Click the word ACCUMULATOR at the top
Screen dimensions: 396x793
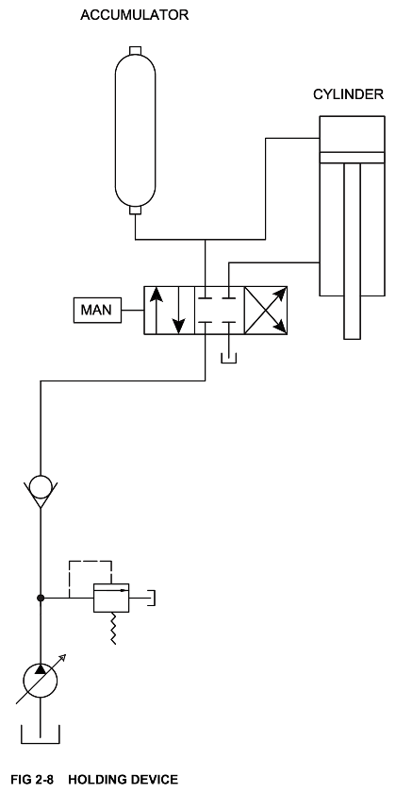click(134, 15)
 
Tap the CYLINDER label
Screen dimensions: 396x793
click(349, 94)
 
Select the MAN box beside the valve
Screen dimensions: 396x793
click(97, 310)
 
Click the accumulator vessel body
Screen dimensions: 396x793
click(136, 130)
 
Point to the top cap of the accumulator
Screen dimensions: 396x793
click(136, 50)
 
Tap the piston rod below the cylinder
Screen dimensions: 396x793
click(352, 251)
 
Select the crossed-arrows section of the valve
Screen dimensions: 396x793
click(266, 310)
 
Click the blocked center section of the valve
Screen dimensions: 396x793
click(219, 310)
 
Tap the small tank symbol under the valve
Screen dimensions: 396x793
click(229, 359)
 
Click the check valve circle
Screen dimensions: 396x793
click(41, 487)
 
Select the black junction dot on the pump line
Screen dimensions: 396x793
click(41, 598)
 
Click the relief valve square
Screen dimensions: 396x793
click(111, 598)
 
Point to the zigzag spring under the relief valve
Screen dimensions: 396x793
click(113, 628)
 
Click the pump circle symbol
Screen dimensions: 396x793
click(41, 681)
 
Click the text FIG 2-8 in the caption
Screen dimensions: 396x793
click(31, 780)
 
